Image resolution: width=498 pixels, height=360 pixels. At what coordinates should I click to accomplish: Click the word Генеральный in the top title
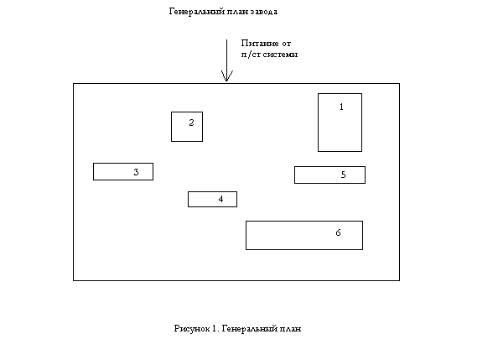(192, 12)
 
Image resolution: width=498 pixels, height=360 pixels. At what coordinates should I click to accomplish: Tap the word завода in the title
(264, 12)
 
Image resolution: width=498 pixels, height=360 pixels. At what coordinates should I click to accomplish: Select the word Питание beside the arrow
(260, 44)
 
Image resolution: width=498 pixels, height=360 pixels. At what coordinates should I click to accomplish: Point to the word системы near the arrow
(280, 55)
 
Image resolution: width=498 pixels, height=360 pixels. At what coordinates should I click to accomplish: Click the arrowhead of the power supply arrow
(226, 76)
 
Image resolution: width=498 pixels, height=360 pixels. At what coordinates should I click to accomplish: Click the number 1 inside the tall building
(341, 107)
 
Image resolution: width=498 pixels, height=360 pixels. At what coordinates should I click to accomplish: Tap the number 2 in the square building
(191, 123)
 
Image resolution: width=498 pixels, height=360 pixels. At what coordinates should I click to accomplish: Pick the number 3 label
(136, 172)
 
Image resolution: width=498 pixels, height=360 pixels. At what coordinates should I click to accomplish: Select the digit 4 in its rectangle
(220, 199)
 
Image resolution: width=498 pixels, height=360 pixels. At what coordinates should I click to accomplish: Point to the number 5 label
(343, 175)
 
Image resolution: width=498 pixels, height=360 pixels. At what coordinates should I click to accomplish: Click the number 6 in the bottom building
(338, 232)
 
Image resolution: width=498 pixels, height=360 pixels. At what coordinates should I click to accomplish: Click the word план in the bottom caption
(290, 329)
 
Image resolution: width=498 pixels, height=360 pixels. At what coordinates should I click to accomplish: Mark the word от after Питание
(286, 44)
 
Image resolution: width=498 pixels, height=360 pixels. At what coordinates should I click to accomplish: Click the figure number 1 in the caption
(215, 328)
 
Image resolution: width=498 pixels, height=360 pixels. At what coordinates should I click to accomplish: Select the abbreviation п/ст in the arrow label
(251, 55)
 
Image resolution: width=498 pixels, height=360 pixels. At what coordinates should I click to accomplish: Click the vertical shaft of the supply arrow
(226, 60)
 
